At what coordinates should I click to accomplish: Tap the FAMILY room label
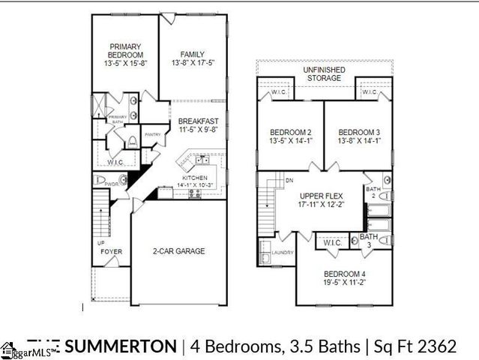pos(192,54)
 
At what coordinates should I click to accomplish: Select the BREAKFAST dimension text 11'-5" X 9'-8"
pos(198,130)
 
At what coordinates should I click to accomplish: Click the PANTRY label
pos(153,135)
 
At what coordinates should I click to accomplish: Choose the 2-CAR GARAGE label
pos(179,250)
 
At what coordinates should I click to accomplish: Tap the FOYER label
pos(112,251)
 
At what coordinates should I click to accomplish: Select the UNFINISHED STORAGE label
pos(323,73)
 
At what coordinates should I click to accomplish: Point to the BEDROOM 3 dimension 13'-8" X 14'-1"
pos(356,139)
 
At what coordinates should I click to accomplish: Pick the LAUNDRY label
pos(283,253)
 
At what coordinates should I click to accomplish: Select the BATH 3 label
pos(368,241)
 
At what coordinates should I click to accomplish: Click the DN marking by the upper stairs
pos(289,181)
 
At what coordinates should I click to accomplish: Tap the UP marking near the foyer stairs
pos(101,243)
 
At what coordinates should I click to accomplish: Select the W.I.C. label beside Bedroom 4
pos(331,244)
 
